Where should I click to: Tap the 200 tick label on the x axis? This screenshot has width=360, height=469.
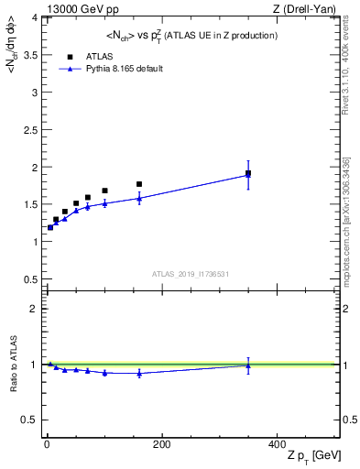pyautogui.click(x=161, y=444)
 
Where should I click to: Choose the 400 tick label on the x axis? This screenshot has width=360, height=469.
pyautogui.click(x=276, y=444)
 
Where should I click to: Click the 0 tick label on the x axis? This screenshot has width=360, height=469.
pyautogui.click(x=47, y=444)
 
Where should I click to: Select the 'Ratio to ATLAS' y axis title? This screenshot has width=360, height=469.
pyautogui.click(x=14, y=365)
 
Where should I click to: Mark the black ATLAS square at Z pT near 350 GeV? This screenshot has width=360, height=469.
pyautogui.click(x=248, y=173)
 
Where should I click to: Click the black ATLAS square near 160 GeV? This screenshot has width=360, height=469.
pyautogui.click(x=139, y=184)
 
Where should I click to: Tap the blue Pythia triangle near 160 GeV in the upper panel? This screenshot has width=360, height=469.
pyautogui.click(x=139, y=198)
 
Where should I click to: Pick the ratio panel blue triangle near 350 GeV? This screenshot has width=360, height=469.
pyautogui.click(x=248, y=365)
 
